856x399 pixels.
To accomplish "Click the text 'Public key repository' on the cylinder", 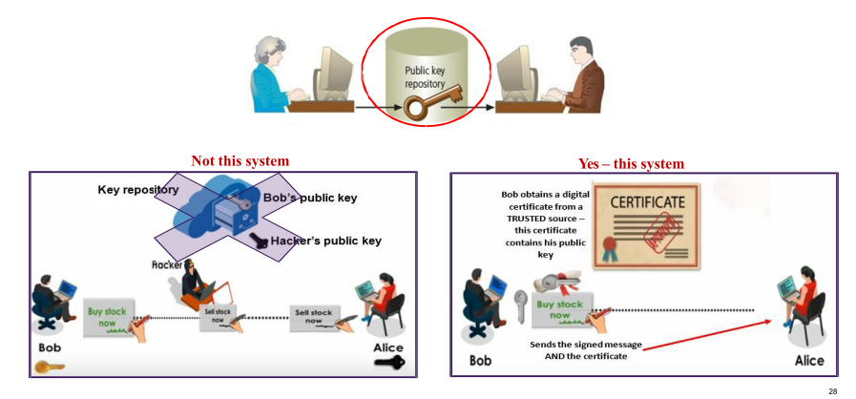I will pos(426,76).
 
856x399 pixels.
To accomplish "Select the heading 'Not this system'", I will pos(240,161).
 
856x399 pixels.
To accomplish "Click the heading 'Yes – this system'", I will pos(631,163).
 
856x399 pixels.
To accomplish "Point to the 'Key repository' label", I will pos(138,189).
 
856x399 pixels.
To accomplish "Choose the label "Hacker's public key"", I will pos(325,241).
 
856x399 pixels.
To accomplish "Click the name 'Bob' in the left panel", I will pos(50,346).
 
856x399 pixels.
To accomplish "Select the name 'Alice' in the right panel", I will pos(809,361).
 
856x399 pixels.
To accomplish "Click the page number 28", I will pos(833,391).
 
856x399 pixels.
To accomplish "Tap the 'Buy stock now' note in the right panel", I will pos(559,310).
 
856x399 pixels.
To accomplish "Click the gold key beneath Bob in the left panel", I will pos(50,364).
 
